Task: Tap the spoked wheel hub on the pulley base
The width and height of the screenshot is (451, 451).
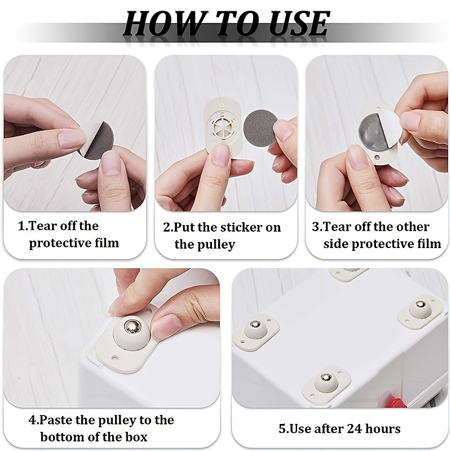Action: [222, 126]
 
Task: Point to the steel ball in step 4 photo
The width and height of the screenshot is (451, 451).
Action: [132, 326]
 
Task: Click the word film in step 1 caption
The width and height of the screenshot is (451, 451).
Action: [107, 244]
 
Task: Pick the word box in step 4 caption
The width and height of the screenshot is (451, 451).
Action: [136, 437]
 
